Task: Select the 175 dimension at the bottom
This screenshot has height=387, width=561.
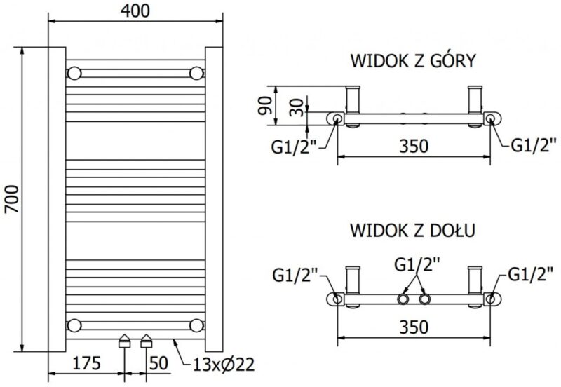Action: [x=86, y=363]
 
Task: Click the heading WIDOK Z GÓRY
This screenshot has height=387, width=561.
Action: [x=414, y=60]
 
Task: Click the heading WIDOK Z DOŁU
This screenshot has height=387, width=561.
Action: [x=414, y=230]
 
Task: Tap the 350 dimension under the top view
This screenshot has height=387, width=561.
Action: [x=414, y=147]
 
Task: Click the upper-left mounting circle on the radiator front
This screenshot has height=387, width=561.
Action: [x=74, y=72]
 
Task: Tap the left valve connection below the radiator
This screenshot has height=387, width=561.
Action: [x=125, y=341]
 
